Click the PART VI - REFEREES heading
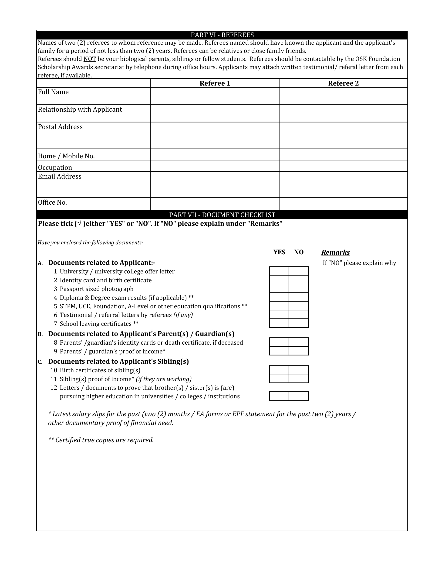click(222, 35)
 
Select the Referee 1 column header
click(215, 83)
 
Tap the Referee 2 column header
click(343, 83)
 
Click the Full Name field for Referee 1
click(215, 96)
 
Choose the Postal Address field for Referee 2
click(343, 135)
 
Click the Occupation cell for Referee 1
click(215, 166)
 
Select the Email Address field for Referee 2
click(343, 184)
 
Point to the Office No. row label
click(53, 203)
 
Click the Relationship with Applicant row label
click(80, 109)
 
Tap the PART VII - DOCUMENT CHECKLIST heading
click(222, 215)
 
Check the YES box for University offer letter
click(279, 271)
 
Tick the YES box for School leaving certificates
click(279, 323)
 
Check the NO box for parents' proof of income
click(299, 351)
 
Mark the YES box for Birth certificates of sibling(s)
click(279, 370)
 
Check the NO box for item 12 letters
click(299, 396)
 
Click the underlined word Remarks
click(335, 252)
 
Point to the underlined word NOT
click(90, 59)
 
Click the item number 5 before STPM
click(55, 306)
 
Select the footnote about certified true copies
click(101, 440)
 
